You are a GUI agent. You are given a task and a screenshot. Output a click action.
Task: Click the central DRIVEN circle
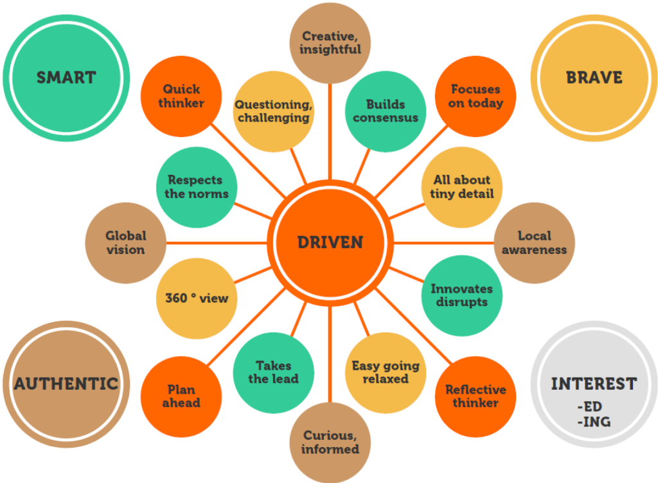[x=330, y=242]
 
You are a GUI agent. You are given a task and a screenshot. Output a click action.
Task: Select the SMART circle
[x=66, y=78]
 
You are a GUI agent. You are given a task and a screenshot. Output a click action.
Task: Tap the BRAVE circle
[x=594, y=78]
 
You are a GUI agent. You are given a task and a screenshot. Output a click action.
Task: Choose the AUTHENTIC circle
[x=66, y=384]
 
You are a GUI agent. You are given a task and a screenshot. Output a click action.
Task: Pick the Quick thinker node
[x=181, y=96]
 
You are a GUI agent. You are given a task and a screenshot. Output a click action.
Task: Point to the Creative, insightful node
[x=330, y=42]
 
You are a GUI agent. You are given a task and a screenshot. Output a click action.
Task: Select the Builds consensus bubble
[x=385, y=111]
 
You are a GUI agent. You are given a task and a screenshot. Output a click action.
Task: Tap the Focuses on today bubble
[x=476, y=96]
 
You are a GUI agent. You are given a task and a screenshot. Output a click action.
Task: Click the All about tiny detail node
[x=461, y=187]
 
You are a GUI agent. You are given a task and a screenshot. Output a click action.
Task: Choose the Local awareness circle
[x=534, y=242]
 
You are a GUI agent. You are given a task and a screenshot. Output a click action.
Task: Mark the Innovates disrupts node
[x=461, y=295]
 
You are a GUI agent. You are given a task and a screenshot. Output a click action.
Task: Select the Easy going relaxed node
[x=385, y=372]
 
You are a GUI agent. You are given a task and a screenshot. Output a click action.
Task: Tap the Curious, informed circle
[x=330, y=442]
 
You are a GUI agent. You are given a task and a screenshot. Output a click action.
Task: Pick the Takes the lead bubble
[x=273, y=372]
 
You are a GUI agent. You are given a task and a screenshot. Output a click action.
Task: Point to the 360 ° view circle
[x=197, y=298]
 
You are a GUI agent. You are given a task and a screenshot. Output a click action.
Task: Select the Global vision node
[x=125, y=242]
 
